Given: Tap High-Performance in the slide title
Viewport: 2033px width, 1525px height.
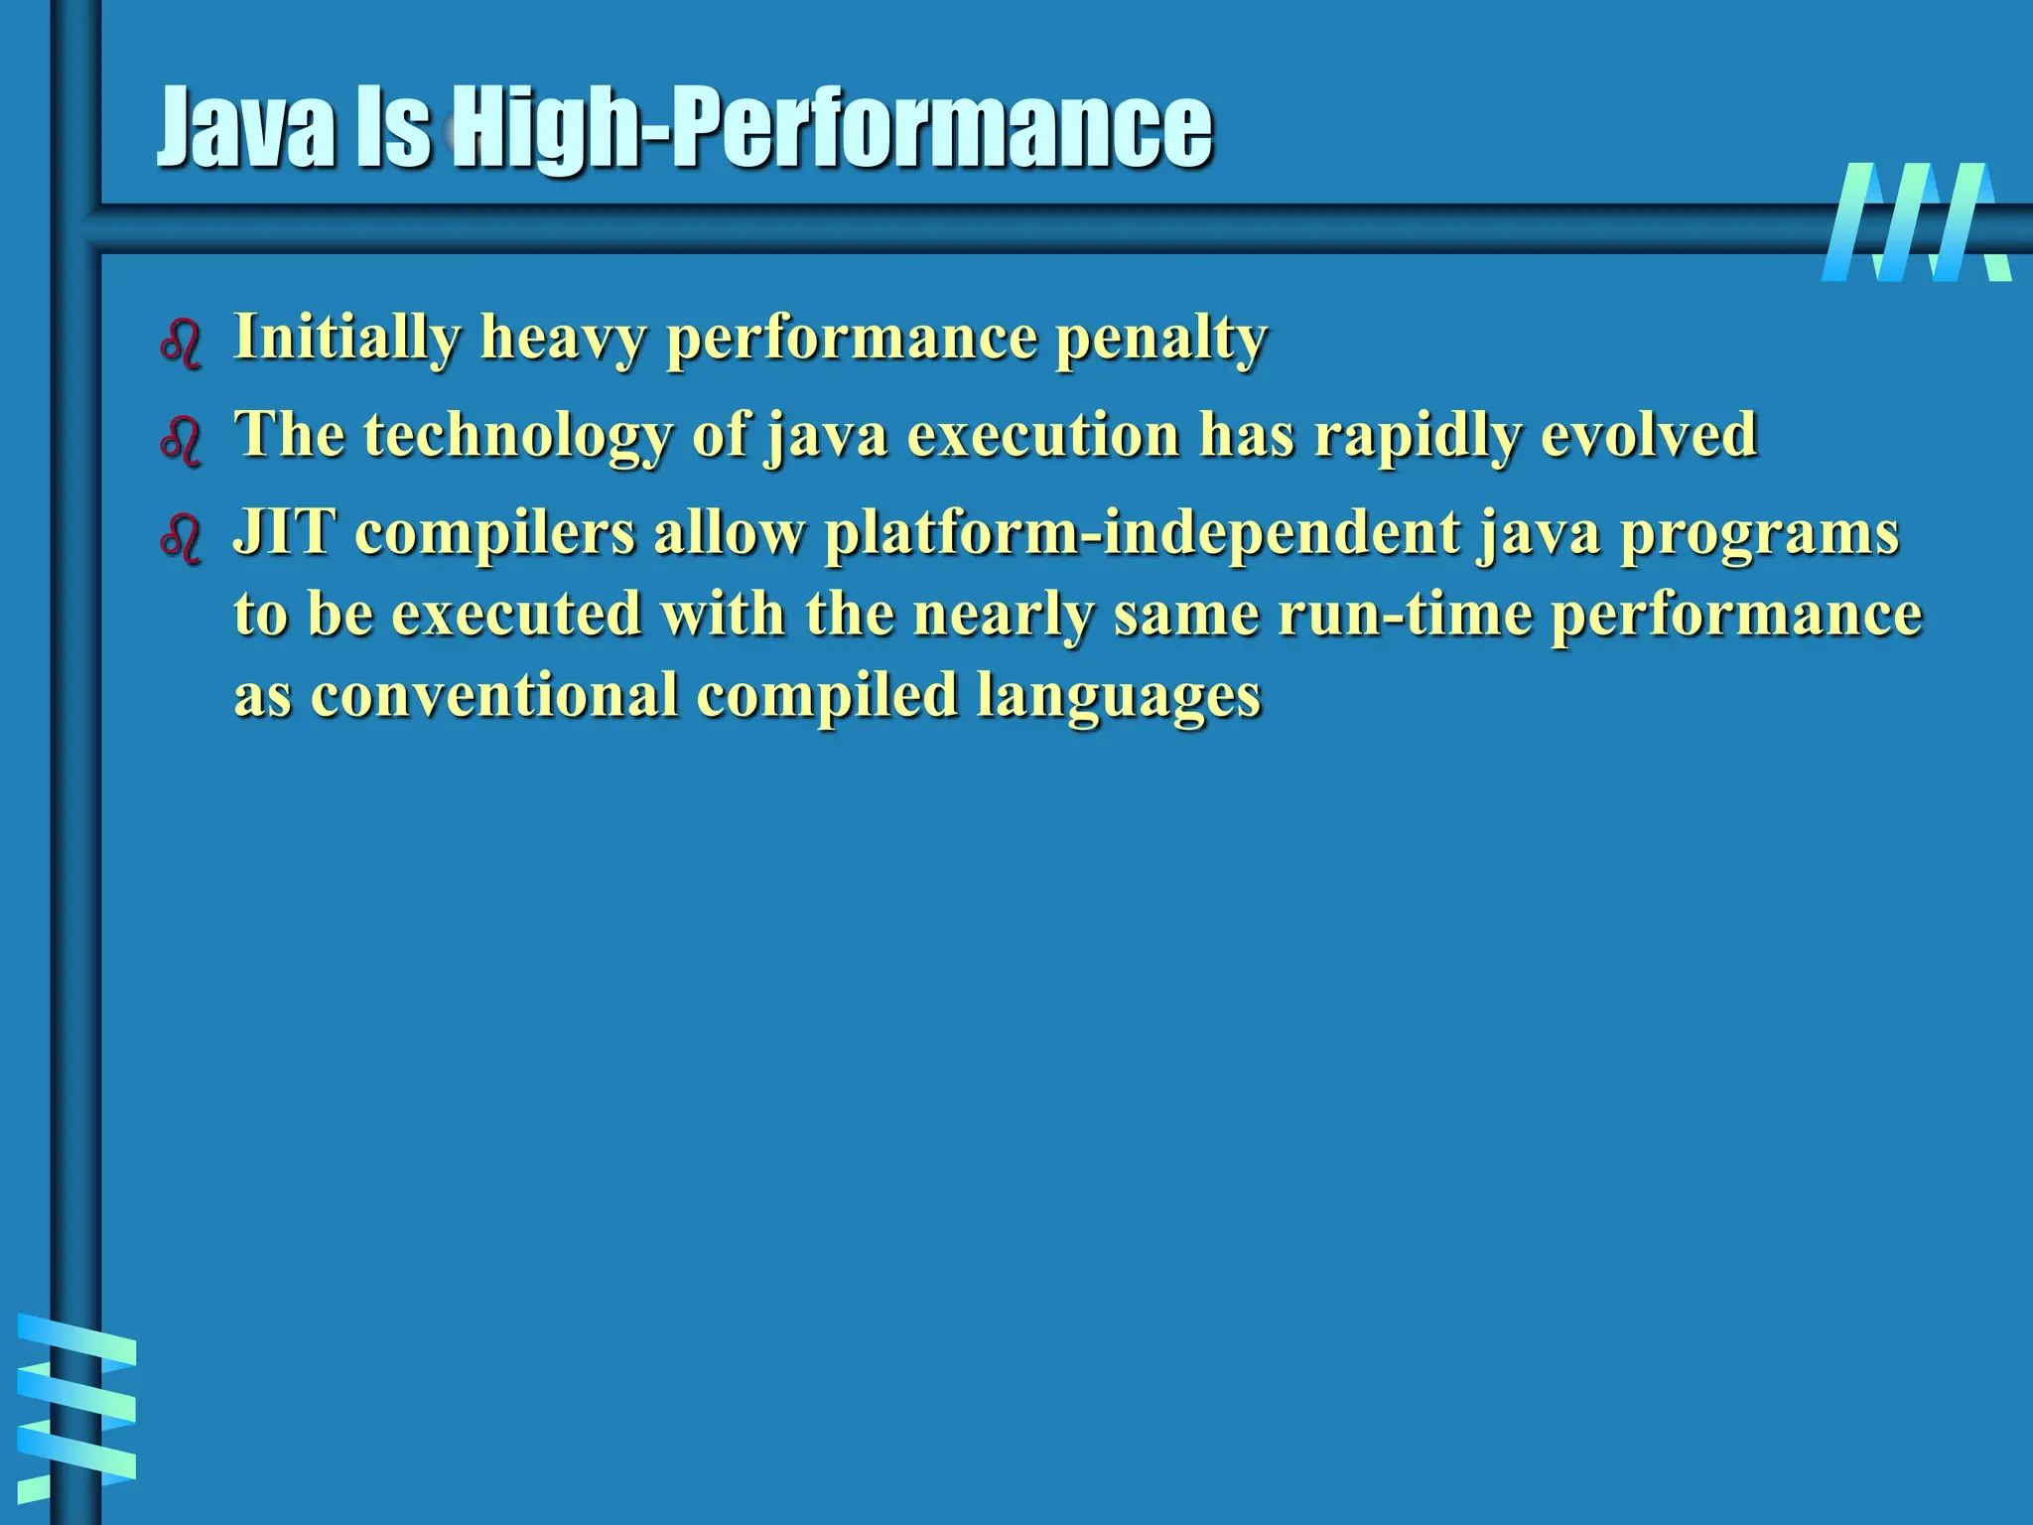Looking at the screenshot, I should (x=834, y=129).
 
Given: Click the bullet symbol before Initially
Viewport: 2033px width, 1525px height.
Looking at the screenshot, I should (x=181, y=345).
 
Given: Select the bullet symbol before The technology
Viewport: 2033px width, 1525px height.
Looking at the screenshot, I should (x=181, y=441).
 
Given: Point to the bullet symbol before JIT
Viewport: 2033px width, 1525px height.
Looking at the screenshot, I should (x=181, y=539).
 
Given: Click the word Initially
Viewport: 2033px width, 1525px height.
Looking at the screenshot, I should (x=346, y=338).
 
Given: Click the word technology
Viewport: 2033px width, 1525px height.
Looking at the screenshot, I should (x=517, y=436).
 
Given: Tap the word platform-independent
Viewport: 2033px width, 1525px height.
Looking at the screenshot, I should (x=1142, y=534).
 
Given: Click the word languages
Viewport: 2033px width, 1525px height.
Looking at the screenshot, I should (x=1118, y=695).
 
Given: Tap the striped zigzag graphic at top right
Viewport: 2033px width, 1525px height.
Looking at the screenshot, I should (x=1915, y=222).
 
